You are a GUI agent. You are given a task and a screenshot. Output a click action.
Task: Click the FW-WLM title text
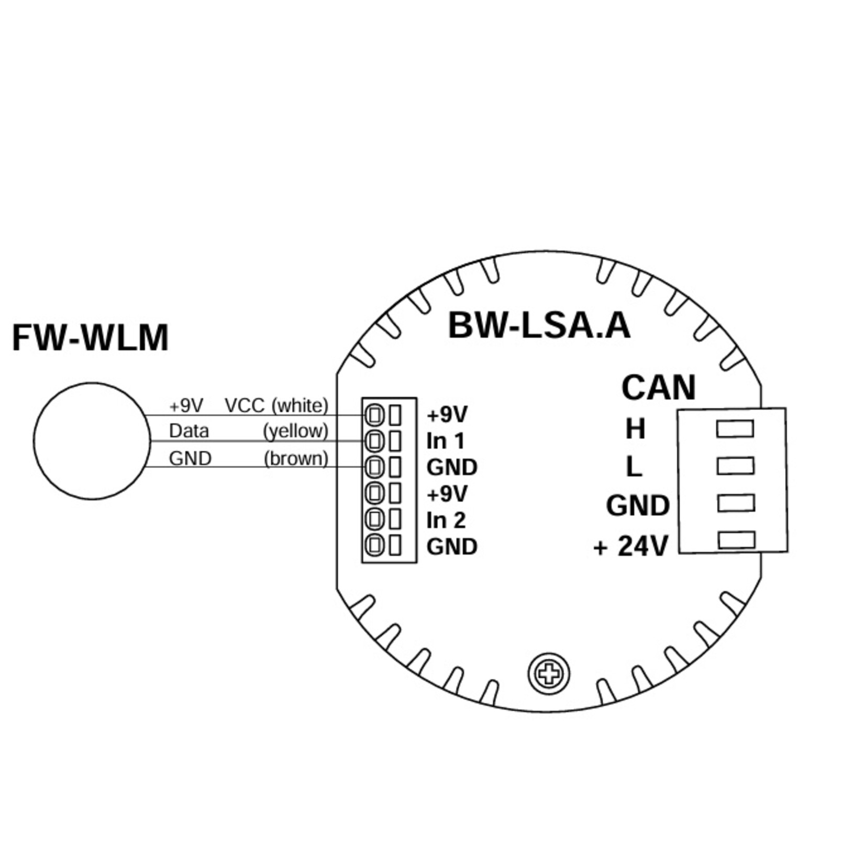tap(90, 338)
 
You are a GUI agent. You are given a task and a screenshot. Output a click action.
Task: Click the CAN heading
tap(658, 387)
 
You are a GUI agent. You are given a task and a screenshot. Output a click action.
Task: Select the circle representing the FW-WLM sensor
tap(92, 441)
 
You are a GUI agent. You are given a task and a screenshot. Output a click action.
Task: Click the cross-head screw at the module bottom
tap(549, 674)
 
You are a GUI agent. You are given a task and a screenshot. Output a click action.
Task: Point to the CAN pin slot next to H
tap(735, 428)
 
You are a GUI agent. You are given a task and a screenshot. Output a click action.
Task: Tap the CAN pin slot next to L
tap(735, 465)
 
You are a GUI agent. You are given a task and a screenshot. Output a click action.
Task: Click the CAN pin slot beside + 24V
tap(736, 540)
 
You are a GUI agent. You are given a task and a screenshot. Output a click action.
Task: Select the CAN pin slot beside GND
tap(736, 503)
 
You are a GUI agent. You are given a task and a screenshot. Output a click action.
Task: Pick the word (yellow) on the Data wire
tap(296, 431)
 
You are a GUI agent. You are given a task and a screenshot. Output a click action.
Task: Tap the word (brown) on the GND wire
tap(296, 459)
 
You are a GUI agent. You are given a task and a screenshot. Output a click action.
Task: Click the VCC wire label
tap(244, 405)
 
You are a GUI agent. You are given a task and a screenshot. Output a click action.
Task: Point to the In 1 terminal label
tap(445, 441)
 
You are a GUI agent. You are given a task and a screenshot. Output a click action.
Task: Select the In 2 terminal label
tap(446, 520)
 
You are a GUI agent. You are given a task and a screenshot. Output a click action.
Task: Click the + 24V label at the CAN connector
tap(631, 547)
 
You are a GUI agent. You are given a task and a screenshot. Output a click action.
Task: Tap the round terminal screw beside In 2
tap(374, 519)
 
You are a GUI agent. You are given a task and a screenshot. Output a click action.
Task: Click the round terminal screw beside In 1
tap(374, 441)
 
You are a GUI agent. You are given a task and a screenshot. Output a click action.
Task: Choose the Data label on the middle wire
tap(189, 431)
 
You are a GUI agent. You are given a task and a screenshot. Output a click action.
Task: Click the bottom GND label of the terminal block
tap(452, 547)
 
